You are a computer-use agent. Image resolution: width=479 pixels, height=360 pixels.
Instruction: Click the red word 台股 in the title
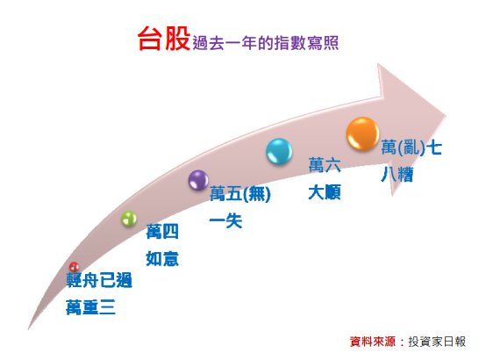pyautogui.click(x=164, y=39)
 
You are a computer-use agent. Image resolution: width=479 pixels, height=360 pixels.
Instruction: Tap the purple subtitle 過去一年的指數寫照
pyautogui.click(x=266, y=43)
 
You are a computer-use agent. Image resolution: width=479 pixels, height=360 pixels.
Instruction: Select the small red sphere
pyautogui.click(x=74, y=267)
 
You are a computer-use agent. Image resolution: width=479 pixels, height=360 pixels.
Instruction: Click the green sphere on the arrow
pyautogui.click(x=129, y=219)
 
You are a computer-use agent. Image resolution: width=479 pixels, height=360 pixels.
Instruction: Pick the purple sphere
pyautogui.click(x=198, y=180)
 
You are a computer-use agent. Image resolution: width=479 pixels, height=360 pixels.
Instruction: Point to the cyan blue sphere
pyautogui.click(x=279, y=151)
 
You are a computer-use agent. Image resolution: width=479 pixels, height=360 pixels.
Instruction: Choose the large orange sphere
pyautogui.click(x=363, y=134)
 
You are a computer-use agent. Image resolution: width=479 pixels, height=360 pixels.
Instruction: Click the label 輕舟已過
pyautogui.click(x=99, y=280)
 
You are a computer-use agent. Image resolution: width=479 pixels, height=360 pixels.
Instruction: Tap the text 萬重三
pyautogui.click(x=90, y=307)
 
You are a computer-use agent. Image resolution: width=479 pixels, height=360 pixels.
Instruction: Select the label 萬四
pyautogui.click(x=162, y=232)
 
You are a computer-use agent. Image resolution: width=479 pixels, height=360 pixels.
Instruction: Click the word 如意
pyautogui.click(x=162, y=259)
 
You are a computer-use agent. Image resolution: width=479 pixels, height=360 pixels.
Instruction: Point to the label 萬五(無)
pyautogui.click(x=240, y=194)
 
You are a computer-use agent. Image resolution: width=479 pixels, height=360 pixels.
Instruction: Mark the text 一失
pyautogui.click(x=225, y=220)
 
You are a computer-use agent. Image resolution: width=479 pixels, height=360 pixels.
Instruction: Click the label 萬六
pyautogui.click(x=325, y=165)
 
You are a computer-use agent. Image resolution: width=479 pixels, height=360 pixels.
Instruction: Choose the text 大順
pyautogui.click(x=325, y=192)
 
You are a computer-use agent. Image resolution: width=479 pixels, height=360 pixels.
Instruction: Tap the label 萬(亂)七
pyautogui.click(x=411, y=148)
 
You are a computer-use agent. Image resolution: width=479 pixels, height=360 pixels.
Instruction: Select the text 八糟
pyautogui.click(x=397, y=175)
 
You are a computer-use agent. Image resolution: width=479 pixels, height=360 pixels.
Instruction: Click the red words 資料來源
pyautogui.click(x=373, y=342)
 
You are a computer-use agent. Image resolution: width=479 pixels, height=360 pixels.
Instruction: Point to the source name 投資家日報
pyautogui.click(x=437, y=342)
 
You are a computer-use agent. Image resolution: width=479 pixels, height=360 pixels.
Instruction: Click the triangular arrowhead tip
pyautogui.click(x=446, y=117)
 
